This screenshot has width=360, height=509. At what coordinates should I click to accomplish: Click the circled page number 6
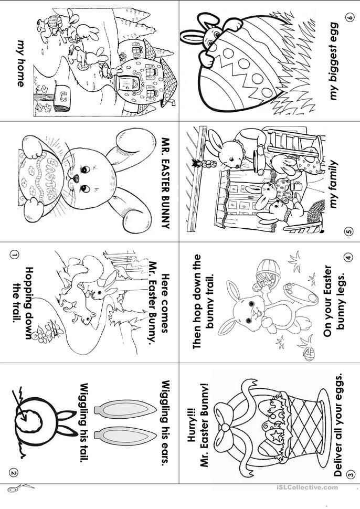pos(350,17)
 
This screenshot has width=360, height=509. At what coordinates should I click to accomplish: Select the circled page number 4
pos(349,258)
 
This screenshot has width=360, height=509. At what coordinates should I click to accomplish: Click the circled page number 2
pos(13,473)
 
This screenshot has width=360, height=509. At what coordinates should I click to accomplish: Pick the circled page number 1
pos(13,255)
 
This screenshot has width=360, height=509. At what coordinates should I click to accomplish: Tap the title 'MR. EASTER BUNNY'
pos(166,183)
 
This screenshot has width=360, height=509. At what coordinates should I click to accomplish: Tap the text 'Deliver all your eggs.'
pos(338,425)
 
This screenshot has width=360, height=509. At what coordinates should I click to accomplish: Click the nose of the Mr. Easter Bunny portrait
pos(75,178)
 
